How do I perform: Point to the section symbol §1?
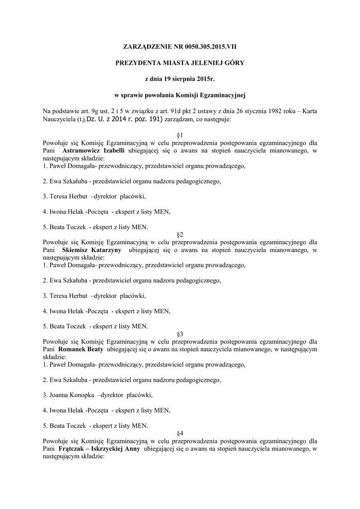180,135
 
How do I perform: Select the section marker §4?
180,433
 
